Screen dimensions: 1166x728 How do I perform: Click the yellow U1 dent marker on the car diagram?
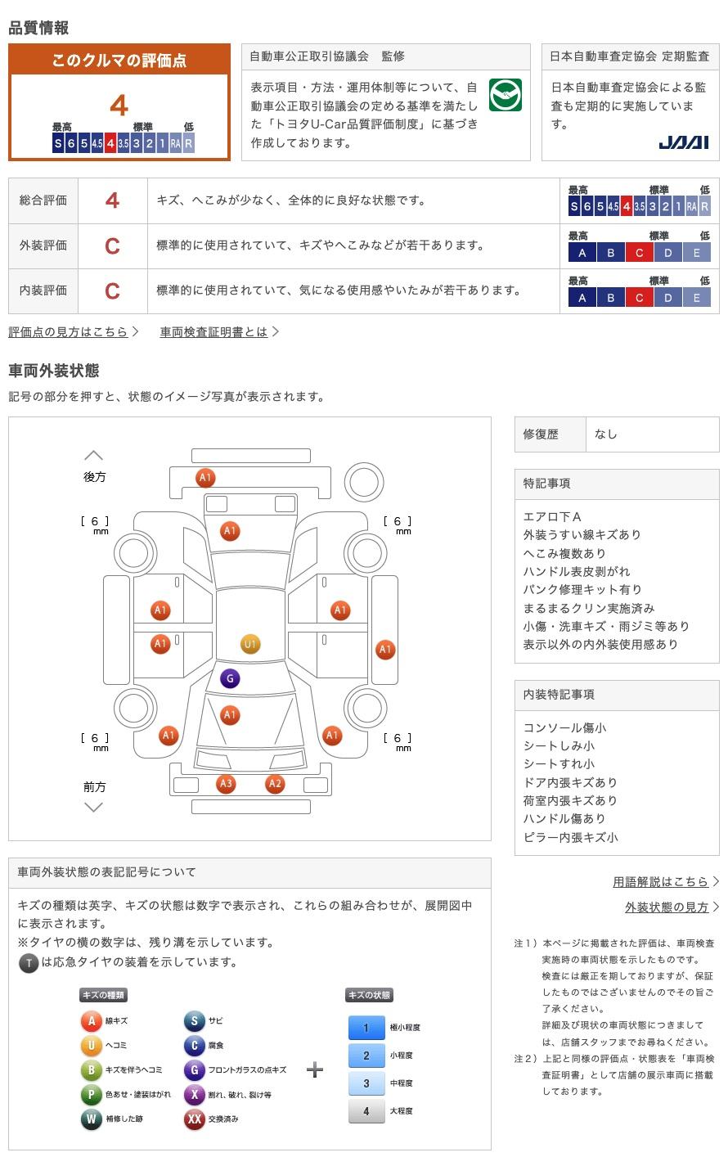click(x=250, y=644)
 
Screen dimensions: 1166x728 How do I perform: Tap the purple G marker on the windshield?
click(x=230, y=678)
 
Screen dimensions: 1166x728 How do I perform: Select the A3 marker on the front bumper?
click(x=226, y=784)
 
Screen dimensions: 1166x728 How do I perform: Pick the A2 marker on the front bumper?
click(x=275, y=784)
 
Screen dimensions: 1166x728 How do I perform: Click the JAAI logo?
click(x=683, y=142)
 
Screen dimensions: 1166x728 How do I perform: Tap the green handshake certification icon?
click(x=505, y=95)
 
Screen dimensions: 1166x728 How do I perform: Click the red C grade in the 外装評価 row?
click(x=112, y=245)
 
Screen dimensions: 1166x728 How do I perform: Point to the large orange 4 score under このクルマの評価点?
click(x=119, y=106)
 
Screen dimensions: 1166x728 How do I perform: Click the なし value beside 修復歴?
click(x=606, y=434)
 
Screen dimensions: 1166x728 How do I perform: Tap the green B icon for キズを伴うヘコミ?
click(x=92, y=1070)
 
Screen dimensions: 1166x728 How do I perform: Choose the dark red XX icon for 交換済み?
click(x=194, y=1119)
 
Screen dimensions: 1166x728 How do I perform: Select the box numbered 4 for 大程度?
click(x=366, y=1110)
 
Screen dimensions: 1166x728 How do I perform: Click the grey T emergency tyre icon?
click(x=29, y=962)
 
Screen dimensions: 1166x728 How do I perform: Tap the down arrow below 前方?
click(x=94, y=808)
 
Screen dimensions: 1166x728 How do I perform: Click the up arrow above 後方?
click(x=94, y=455)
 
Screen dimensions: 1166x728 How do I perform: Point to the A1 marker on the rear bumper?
click(x=204, y=477)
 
